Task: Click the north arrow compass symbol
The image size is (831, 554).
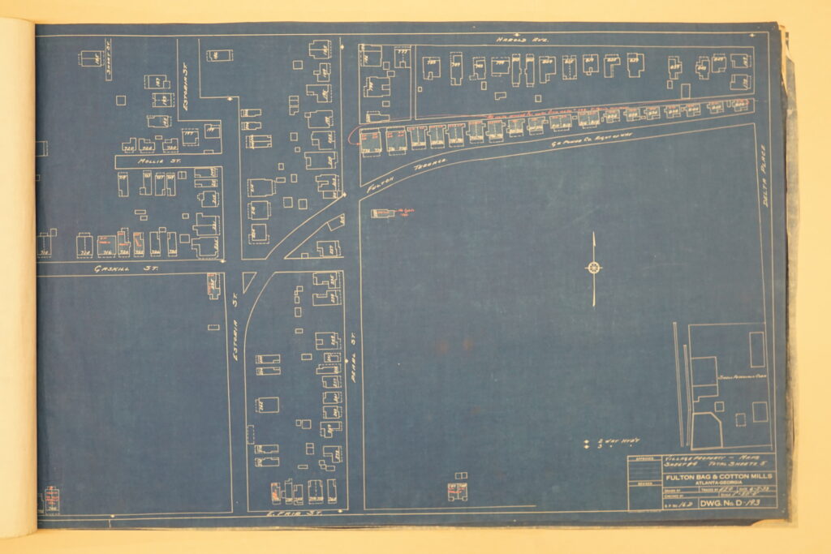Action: point(593,268)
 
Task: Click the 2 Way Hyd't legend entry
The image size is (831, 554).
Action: point(621,441)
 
